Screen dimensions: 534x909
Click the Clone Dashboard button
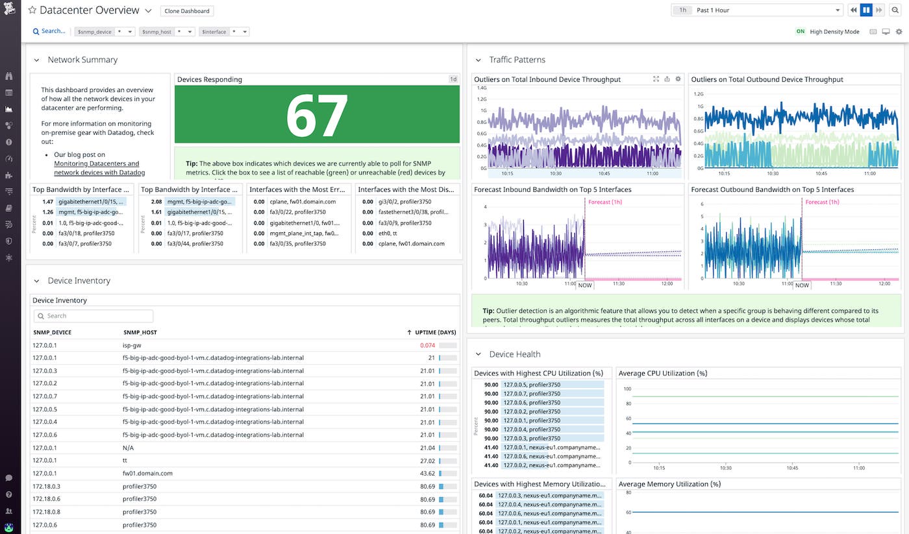tap(186, 11)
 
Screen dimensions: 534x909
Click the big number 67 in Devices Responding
tap(317, 115)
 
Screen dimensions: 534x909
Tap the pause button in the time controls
tap(866, 10)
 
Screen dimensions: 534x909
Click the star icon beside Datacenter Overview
tap(32, 10)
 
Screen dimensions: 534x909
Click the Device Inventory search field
tap(93, 316)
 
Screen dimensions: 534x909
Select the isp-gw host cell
tap(132, 345)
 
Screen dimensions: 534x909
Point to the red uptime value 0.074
tap(427, 345)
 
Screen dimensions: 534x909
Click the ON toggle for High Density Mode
tap(800, 31)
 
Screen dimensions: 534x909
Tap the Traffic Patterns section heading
tap(517, 60)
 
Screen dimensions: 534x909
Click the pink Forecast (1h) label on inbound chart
tap(605, 202)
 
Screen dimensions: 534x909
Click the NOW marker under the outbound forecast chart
tap(802, 285)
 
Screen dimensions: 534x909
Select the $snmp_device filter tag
tap(94, 31)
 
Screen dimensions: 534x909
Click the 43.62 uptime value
tap(427, 474)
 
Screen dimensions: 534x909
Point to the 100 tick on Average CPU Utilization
tap(627, 389)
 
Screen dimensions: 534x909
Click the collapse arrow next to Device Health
tap(479, 354)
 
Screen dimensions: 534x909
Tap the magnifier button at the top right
tap(895, 10)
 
